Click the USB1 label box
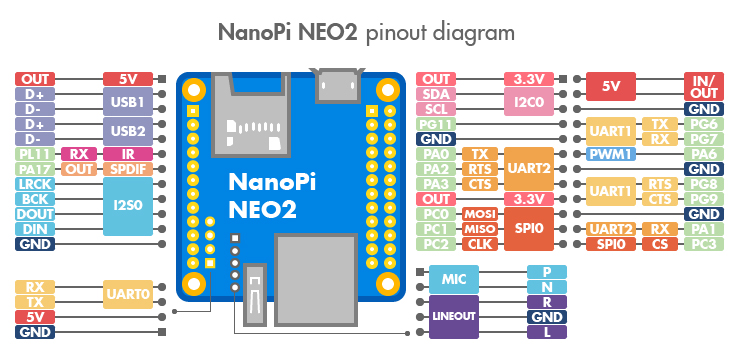pyautogui.click(x=128, y=101)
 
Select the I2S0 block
pyautogui.click(x=128, y=206)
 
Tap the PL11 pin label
pyautogui.click(x=35, y=154)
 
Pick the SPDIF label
pyautogui.click(x=128, y=169)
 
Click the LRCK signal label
pyautogui.click(x=35, y=184)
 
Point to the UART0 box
pyautogui.click(x=128, y=294)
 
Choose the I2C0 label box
pyautogui.click(x=529, y=101)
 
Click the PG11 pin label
pyautogui.click(x=437, y=125)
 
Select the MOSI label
pyautogui.click(x=480, y=214)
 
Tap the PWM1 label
pyautogui.click(x=611, y=154)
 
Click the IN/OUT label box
pyautogui.click(x=704, y=86)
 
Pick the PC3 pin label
pyautogui.click(x=704, y=244)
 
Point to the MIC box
pyautogui.click(x=454, y=279)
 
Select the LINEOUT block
pyautogui.click(x=454, y=317)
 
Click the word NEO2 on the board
pyautogui.click(x=262, y=209)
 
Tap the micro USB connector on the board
pyautogui.click(x=337, y=85)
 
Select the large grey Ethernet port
pyautogui.click(x=315, y=279)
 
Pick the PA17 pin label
pyautogui.click(x=35, y=169)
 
